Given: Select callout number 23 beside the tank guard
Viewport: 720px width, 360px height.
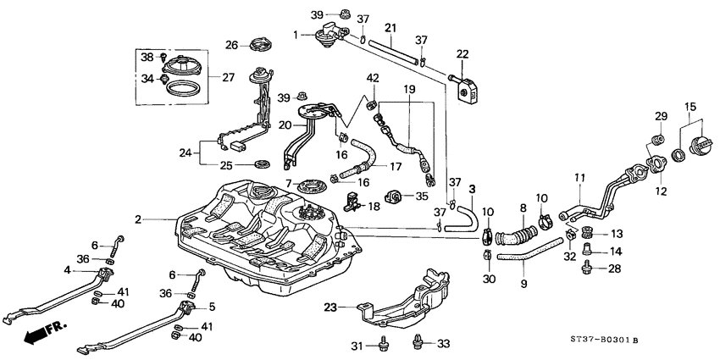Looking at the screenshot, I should (x=330, y=308).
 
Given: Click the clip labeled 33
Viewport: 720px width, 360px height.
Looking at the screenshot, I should (x=418, y=342).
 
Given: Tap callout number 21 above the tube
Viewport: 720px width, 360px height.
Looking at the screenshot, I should (x=390, y=30).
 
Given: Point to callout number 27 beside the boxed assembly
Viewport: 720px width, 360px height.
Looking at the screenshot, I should (x=228, y=77).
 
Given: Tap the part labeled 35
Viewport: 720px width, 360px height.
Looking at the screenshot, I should (x=393, y=197).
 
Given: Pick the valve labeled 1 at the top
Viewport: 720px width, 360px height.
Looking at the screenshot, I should (x=327, y=34).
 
